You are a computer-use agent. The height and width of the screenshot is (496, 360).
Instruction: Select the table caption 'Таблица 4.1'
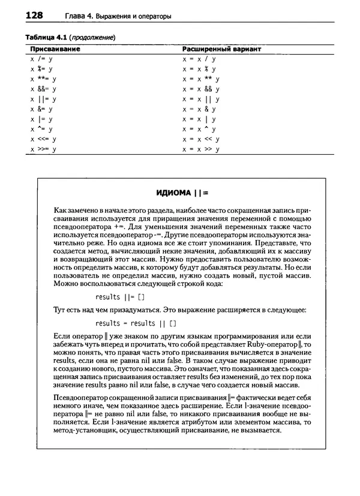click(45, 37)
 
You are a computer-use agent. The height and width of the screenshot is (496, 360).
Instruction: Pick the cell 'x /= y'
click(43, 59)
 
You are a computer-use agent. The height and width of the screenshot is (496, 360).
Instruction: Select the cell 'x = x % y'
click(199, 69)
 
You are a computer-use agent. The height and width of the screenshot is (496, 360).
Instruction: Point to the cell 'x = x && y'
click(201, 89)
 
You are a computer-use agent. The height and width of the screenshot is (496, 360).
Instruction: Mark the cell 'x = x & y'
click(199, 109)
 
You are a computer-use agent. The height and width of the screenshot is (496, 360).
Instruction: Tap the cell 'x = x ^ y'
click(199, 129)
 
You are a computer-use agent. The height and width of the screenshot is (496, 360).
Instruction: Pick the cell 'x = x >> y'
click(201, 149)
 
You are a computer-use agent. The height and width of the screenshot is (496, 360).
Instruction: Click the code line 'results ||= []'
click(120, 297)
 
